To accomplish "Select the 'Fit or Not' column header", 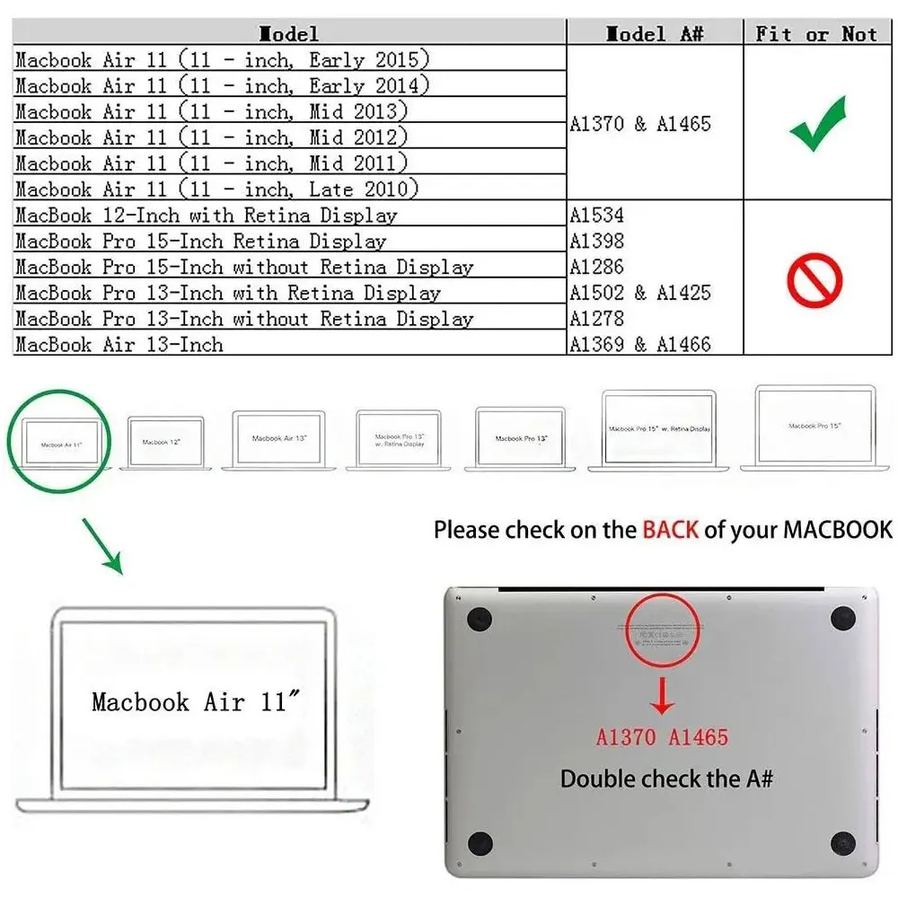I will [815, 34].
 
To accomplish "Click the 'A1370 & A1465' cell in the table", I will [640, 124].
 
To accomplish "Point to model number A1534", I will [597, 216].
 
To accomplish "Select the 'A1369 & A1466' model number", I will [640, 344].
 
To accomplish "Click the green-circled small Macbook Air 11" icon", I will [61, 443].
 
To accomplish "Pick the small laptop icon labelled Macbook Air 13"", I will [278, 439].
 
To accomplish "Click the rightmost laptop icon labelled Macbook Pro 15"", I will [814, 428].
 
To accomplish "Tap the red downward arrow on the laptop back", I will [662, 696].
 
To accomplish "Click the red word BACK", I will [670, 529].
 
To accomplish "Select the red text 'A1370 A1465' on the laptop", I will [662, 737].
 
